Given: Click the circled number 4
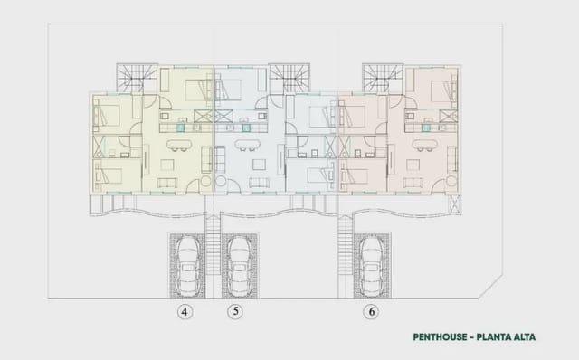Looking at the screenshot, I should (185, 312).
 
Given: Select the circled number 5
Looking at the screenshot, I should (235, 312).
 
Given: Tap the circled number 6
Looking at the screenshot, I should (371, 312).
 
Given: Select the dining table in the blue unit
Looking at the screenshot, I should (242, 143).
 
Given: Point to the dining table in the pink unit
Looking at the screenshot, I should (423, 143).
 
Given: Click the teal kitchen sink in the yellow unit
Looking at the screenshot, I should (182, 128).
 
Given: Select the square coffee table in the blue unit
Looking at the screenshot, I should (259, 165).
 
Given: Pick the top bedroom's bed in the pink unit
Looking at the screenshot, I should (440, 91).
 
